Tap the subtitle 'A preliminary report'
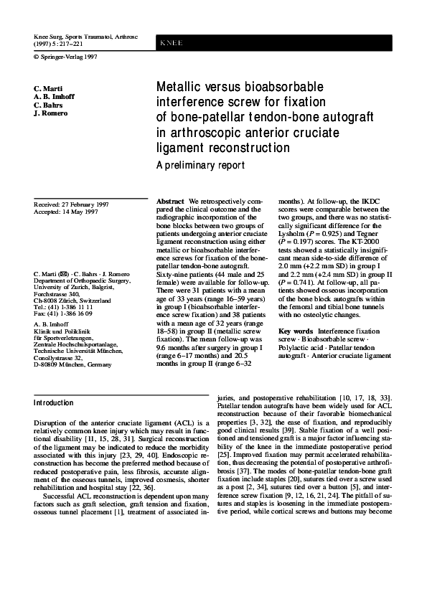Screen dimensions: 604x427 200,165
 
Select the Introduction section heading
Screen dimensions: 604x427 54,402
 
